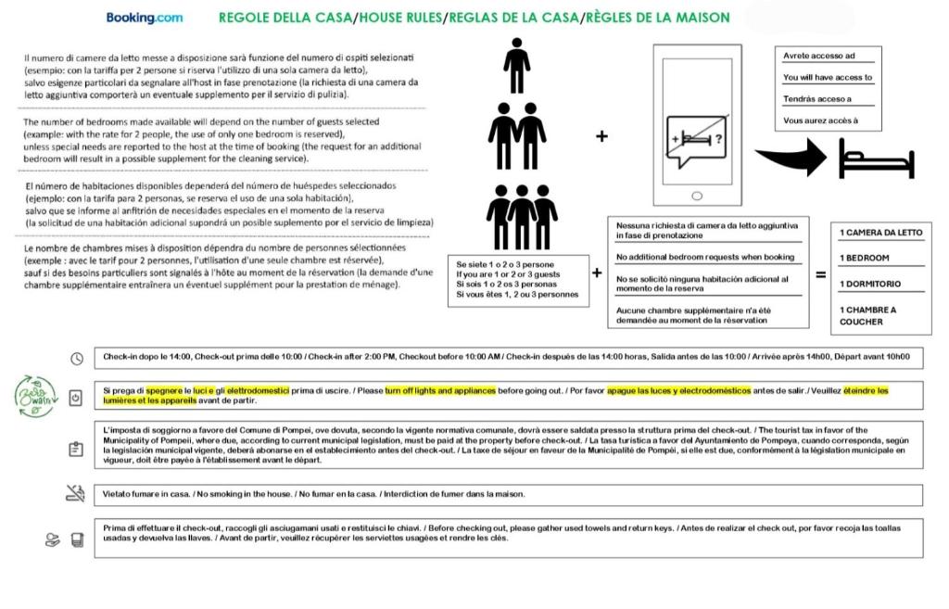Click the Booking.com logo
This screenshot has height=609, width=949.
pos(144,17)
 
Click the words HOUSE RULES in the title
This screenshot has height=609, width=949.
pos(400,17)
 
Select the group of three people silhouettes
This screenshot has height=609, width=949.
pos(522,217)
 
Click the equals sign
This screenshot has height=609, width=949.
pos(820,274)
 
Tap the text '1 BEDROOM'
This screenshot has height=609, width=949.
pos(865,259)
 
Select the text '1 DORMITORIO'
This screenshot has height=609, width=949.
pos(870,285)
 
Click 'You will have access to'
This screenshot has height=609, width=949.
pos(828,78)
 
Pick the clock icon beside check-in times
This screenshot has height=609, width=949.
pos(77,358)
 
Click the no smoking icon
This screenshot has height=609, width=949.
pos(75,494)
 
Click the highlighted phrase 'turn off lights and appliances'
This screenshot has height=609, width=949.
pos(440,391)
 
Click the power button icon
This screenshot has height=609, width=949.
pos(76,398)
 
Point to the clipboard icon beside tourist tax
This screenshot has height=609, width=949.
pos(76,448)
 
